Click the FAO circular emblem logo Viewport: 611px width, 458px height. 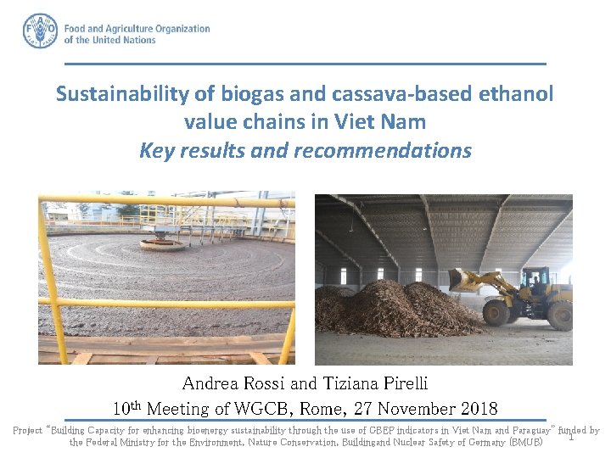coord(40,31)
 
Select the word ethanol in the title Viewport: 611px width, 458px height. coord(514,94)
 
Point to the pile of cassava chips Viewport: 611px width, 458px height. coord(399,310)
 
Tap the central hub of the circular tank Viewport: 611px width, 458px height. coord(163,243)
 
